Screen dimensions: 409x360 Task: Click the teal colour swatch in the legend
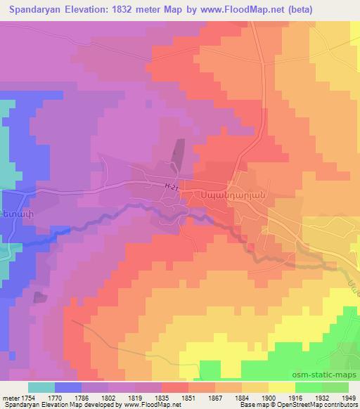(41, 387)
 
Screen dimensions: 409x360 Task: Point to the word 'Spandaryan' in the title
(34, 10)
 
